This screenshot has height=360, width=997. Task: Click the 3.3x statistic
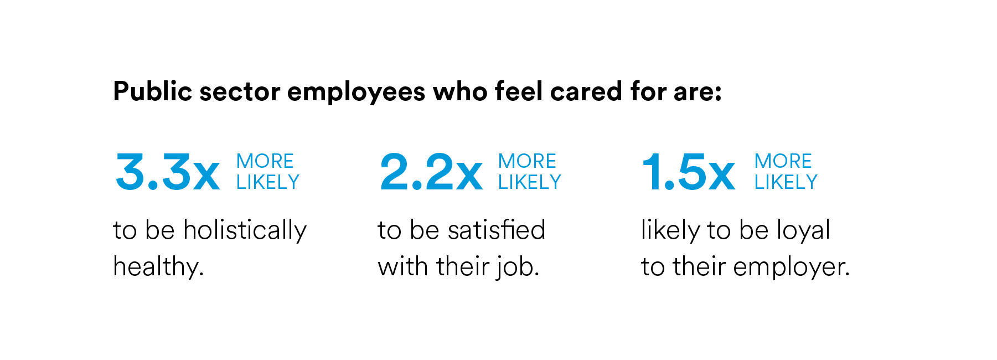(167, 172)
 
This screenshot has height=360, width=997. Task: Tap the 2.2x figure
(431, 172)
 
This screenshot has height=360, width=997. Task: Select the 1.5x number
(688, 172)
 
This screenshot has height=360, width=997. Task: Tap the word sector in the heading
(240, 92)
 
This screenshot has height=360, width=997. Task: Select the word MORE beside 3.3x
(265, 161)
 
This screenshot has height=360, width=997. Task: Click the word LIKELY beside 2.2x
(530, 182)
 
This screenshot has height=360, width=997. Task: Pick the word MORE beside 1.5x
(783, 161)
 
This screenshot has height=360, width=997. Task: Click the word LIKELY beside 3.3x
(268, 182)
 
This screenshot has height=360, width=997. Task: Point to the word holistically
(245, 230)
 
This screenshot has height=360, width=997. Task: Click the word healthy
(158, 267)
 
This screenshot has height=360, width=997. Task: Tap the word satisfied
(497, 230)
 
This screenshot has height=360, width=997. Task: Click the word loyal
(803, 230)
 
